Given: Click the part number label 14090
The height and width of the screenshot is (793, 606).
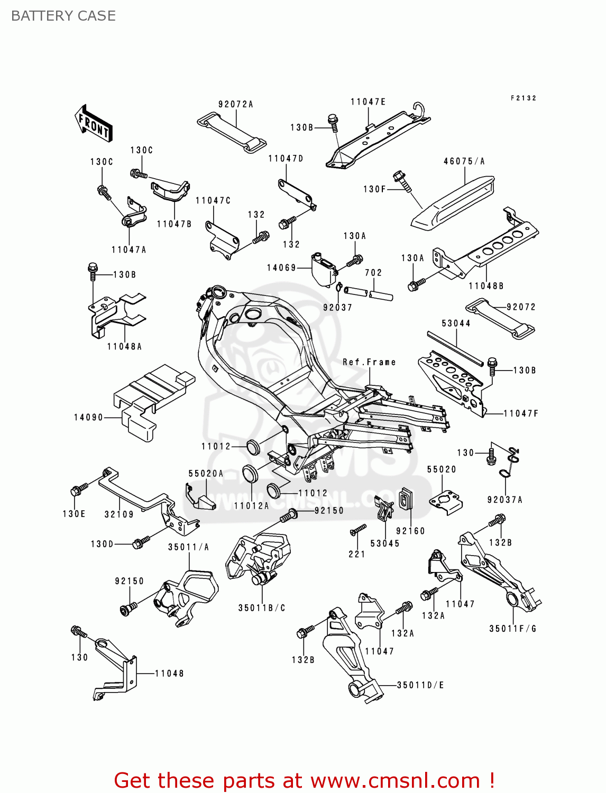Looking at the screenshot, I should (88, 418).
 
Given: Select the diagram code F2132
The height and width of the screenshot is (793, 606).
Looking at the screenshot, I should (523, 98).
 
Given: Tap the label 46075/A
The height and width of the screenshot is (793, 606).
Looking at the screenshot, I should (464, 161).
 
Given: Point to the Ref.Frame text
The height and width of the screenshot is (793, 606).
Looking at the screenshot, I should (369, 362).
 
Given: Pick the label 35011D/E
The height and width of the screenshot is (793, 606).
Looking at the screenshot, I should (420, 685).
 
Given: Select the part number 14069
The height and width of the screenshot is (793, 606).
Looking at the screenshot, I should (281, 268).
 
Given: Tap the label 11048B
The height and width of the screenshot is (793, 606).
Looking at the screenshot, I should (485, 286).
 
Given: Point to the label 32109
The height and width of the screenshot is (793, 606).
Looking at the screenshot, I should (119, 514).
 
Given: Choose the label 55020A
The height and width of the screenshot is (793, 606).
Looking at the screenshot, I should (206, 474).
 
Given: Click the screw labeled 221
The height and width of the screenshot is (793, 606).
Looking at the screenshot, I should (359, 529).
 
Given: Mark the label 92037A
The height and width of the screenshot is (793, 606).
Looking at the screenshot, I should (504, 500).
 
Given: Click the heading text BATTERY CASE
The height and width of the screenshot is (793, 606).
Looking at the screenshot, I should (63, 16).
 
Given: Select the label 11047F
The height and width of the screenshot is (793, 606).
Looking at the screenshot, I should (520, 413).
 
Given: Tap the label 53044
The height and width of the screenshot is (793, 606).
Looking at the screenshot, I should (456, 323).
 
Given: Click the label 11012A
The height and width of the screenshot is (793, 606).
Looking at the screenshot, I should (251, 506).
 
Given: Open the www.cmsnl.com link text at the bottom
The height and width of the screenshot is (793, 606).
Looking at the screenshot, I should (394, 780).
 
